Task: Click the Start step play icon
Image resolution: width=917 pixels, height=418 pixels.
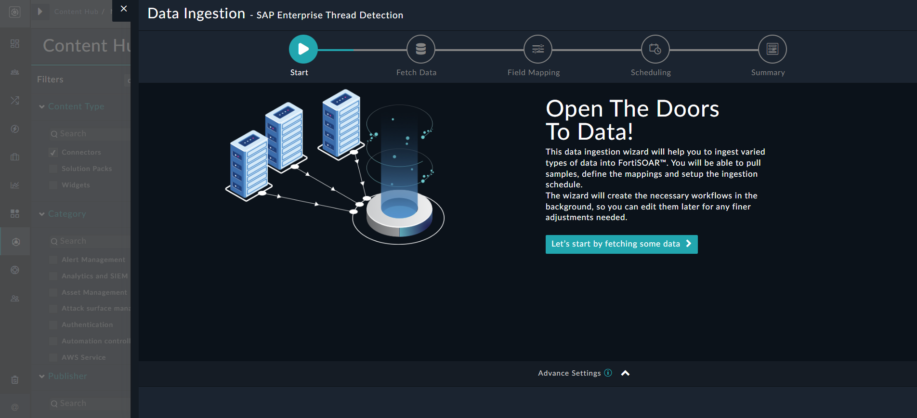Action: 303,49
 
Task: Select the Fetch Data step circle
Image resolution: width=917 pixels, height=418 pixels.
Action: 420,49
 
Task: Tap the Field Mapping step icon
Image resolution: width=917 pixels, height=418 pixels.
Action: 538,49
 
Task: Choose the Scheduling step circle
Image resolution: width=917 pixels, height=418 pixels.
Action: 655,49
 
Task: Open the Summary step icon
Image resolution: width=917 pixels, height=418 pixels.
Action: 772,49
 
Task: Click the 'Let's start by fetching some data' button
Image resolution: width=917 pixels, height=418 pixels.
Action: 621,244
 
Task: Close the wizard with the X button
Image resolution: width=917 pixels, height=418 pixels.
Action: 124,9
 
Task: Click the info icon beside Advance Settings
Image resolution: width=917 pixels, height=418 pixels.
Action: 608,373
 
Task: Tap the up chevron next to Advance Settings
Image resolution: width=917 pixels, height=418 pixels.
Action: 625,373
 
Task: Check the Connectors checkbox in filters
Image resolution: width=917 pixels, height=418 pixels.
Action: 53,153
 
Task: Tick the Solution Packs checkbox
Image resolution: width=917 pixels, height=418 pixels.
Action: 53,169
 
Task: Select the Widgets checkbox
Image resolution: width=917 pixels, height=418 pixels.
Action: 53,185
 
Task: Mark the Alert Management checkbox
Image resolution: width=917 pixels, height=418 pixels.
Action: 53,260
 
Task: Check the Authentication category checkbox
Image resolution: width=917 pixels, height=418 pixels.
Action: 53,325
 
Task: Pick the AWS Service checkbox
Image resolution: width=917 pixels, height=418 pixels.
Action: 53,358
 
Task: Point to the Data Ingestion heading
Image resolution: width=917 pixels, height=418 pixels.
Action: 196,13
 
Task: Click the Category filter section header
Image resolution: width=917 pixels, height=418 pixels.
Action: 67,214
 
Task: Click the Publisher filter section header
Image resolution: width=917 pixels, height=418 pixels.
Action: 67,376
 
